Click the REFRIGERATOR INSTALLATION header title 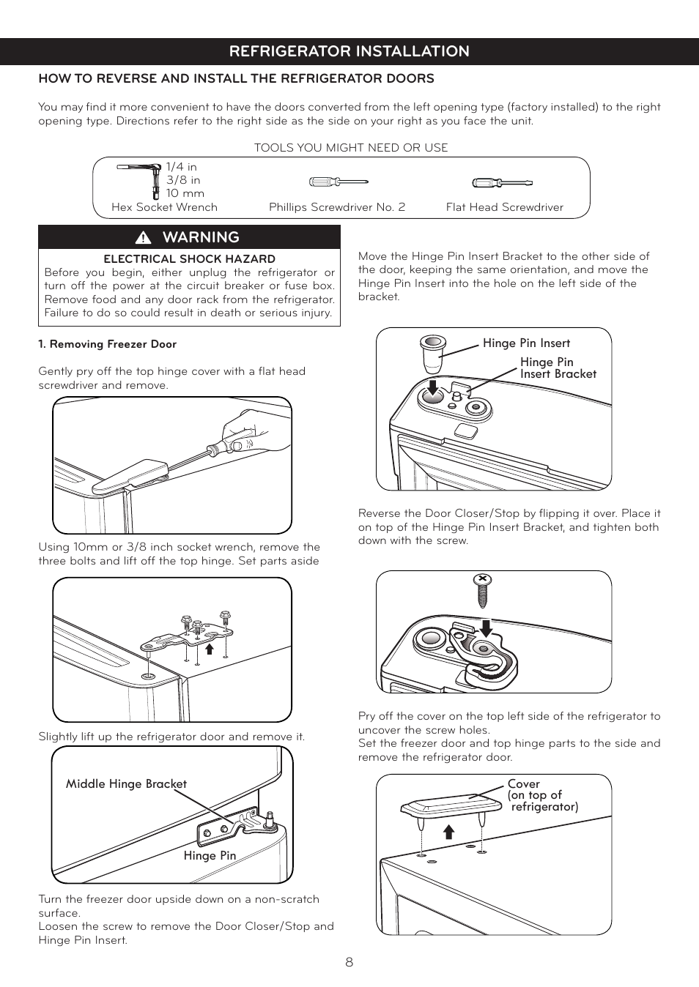[349, 51]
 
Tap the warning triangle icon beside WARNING [143, 237]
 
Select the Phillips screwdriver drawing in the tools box [337, 182]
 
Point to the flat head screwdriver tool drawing [501, 182]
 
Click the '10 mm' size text [185, 193]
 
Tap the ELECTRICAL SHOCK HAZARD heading [189, 258]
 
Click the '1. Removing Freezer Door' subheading [107, 344]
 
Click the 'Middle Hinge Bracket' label [126, 783]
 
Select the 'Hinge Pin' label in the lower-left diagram [210, 855]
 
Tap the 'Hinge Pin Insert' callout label [526, 343]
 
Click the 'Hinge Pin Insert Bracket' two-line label [558, 368]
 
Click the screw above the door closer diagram [482, 590]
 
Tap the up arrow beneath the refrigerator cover [449, 831]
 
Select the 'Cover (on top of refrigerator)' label [542, 795]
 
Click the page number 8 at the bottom [349, 962]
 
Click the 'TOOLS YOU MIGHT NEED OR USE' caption [350, 147]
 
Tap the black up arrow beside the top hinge [209, 648]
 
